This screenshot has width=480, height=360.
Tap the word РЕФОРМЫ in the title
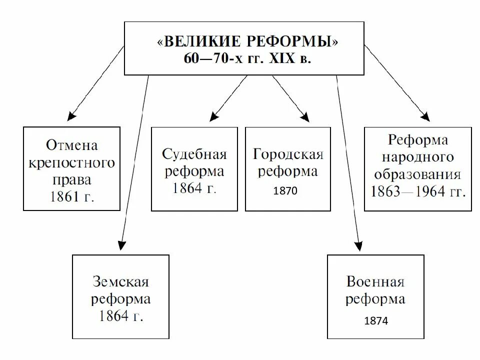pos(294,41)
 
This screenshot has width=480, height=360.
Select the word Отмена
pos(72,146)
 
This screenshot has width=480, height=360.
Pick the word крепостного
pos(72,163)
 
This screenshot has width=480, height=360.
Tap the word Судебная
pos(194,154)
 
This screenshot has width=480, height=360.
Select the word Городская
pos(288,154)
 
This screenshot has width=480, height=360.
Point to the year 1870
pos(285,190)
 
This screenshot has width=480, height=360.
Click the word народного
pos(418,157)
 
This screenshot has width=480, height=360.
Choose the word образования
pos(418,174)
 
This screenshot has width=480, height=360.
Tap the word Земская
pos(120,282)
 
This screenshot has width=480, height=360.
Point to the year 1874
pos(376,321)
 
